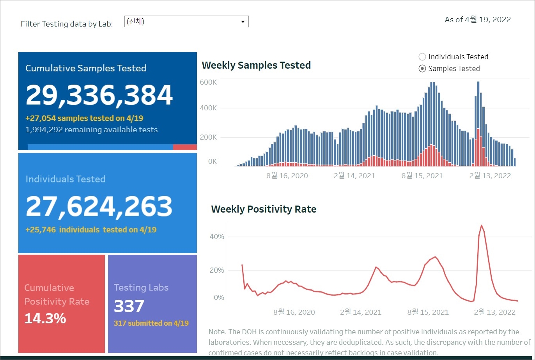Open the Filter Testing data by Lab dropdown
(x=186, y=21)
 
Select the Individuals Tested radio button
(x=422, y=57)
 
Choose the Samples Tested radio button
(x=422, y=69)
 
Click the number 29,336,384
(x=99, y=95)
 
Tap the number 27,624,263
(x=99, y=206)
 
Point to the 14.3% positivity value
(x=45, y=319)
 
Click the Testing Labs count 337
(x=129, y=306)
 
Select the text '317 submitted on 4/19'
(x=151, y=323)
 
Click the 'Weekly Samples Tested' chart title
(x=256, y=65)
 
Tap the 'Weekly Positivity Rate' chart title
(x=264, y=209)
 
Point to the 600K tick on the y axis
(x=208, y=82)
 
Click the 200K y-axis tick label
(x=208, y=137)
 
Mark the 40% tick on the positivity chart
(x=217, y=237)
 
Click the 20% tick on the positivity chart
(x=217, y=270)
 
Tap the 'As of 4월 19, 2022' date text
(x=478, y=20)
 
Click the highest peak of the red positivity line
(x=482, y=225)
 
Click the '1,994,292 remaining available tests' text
(x=92, y=129)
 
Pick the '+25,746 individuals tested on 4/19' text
(x=91, y=230)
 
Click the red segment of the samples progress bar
(x=185, y=147)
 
